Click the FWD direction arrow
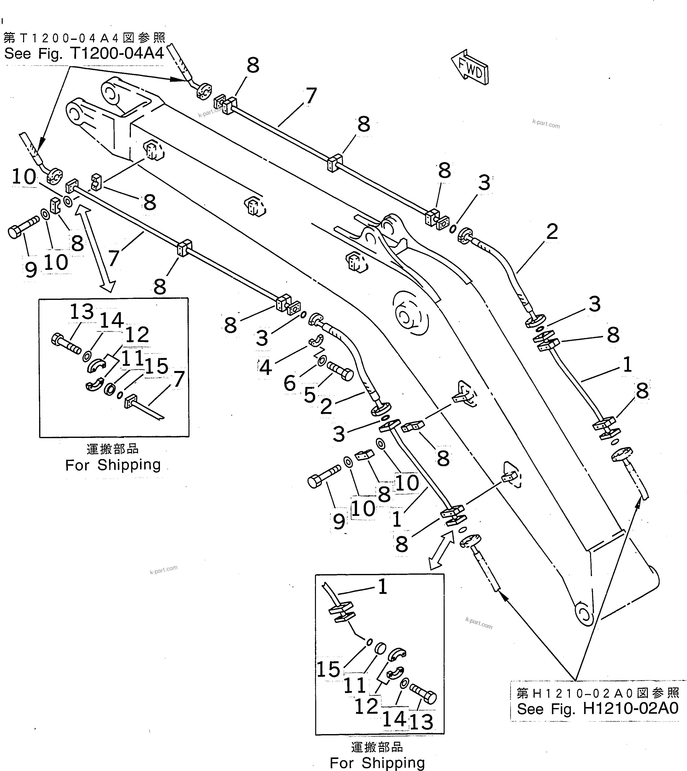470,67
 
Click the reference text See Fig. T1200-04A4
84,54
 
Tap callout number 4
265,367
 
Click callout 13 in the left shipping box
81,312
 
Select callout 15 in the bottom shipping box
328,669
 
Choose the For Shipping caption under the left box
113,465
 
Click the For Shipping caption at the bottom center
377,763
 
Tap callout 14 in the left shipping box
111,320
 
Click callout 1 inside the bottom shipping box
382,587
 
